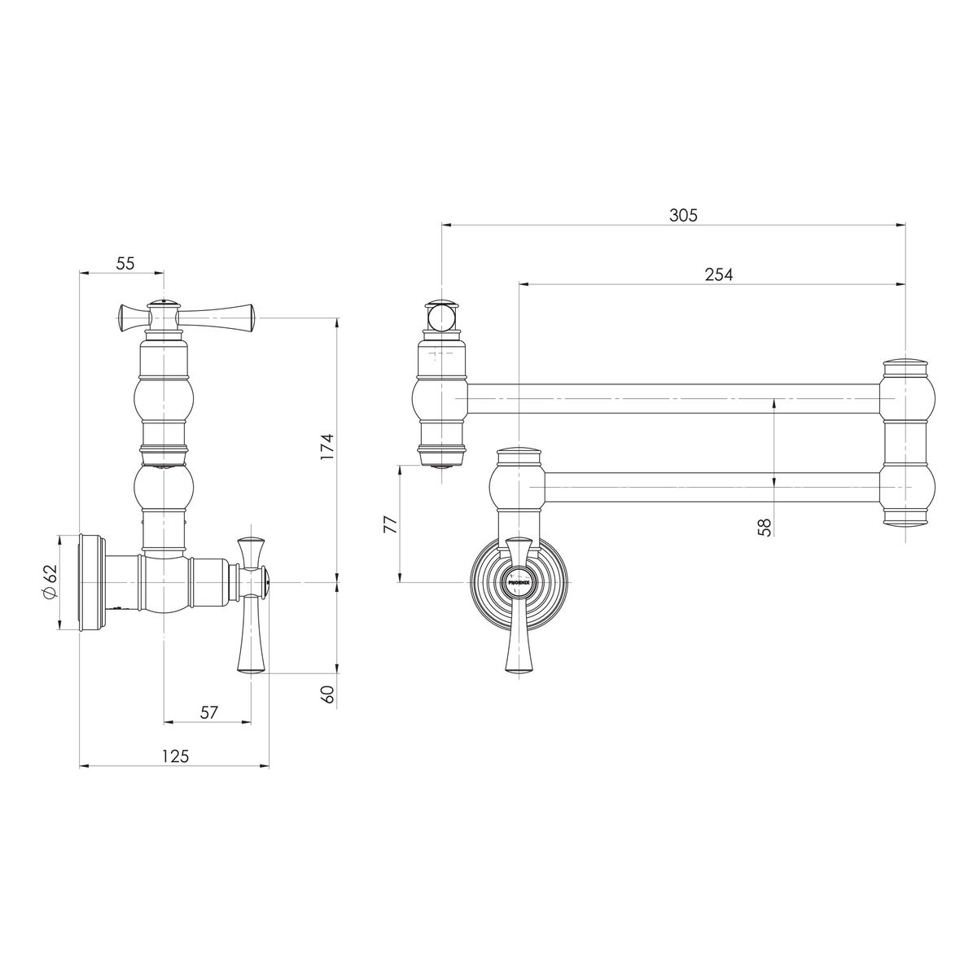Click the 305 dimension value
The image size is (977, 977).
click(682, 215)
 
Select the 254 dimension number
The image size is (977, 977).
click(718, 274)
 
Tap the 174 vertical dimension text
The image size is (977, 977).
click(328, 447)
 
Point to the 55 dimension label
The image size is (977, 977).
click(125, 263)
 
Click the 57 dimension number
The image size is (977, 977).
click(208, 712)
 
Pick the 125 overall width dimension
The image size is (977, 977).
click(175, 756)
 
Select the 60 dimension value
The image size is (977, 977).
click(328, 694)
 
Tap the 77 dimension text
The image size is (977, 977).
click(391, 525)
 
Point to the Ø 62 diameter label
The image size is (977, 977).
click(50, 581)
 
